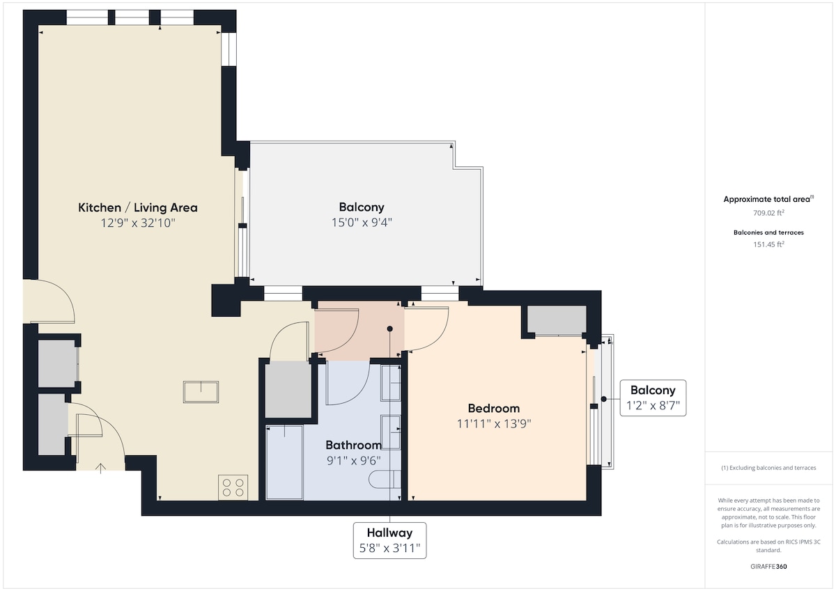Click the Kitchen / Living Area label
(138, 207)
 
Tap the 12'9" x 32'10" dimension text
(138, 223)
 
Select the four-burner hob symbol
(233, 487)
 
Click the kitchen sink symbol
(201, 391)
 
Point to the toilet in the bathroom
(385, 479)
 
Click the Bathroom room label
(353, 445)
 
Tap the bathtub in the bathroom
(284, 462)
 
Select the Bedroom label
(493, 409)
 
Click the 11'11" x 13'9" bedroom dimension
(494, 423)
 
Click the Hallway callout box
(389, 540)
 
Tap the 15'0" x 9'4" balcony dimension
(362, 223)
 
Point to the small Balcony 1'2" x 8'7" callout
(653, 398)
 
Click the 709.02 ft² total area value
(768, 213)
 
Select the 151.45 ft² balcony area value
(768, 244)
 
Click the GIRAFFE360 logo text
(768, 567)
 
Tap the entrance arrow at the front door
(100, 468)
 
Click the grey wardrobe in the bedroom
(557, 320)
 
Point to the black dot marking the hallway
(389, 329)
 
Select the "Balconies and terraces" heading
(768, 233)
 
